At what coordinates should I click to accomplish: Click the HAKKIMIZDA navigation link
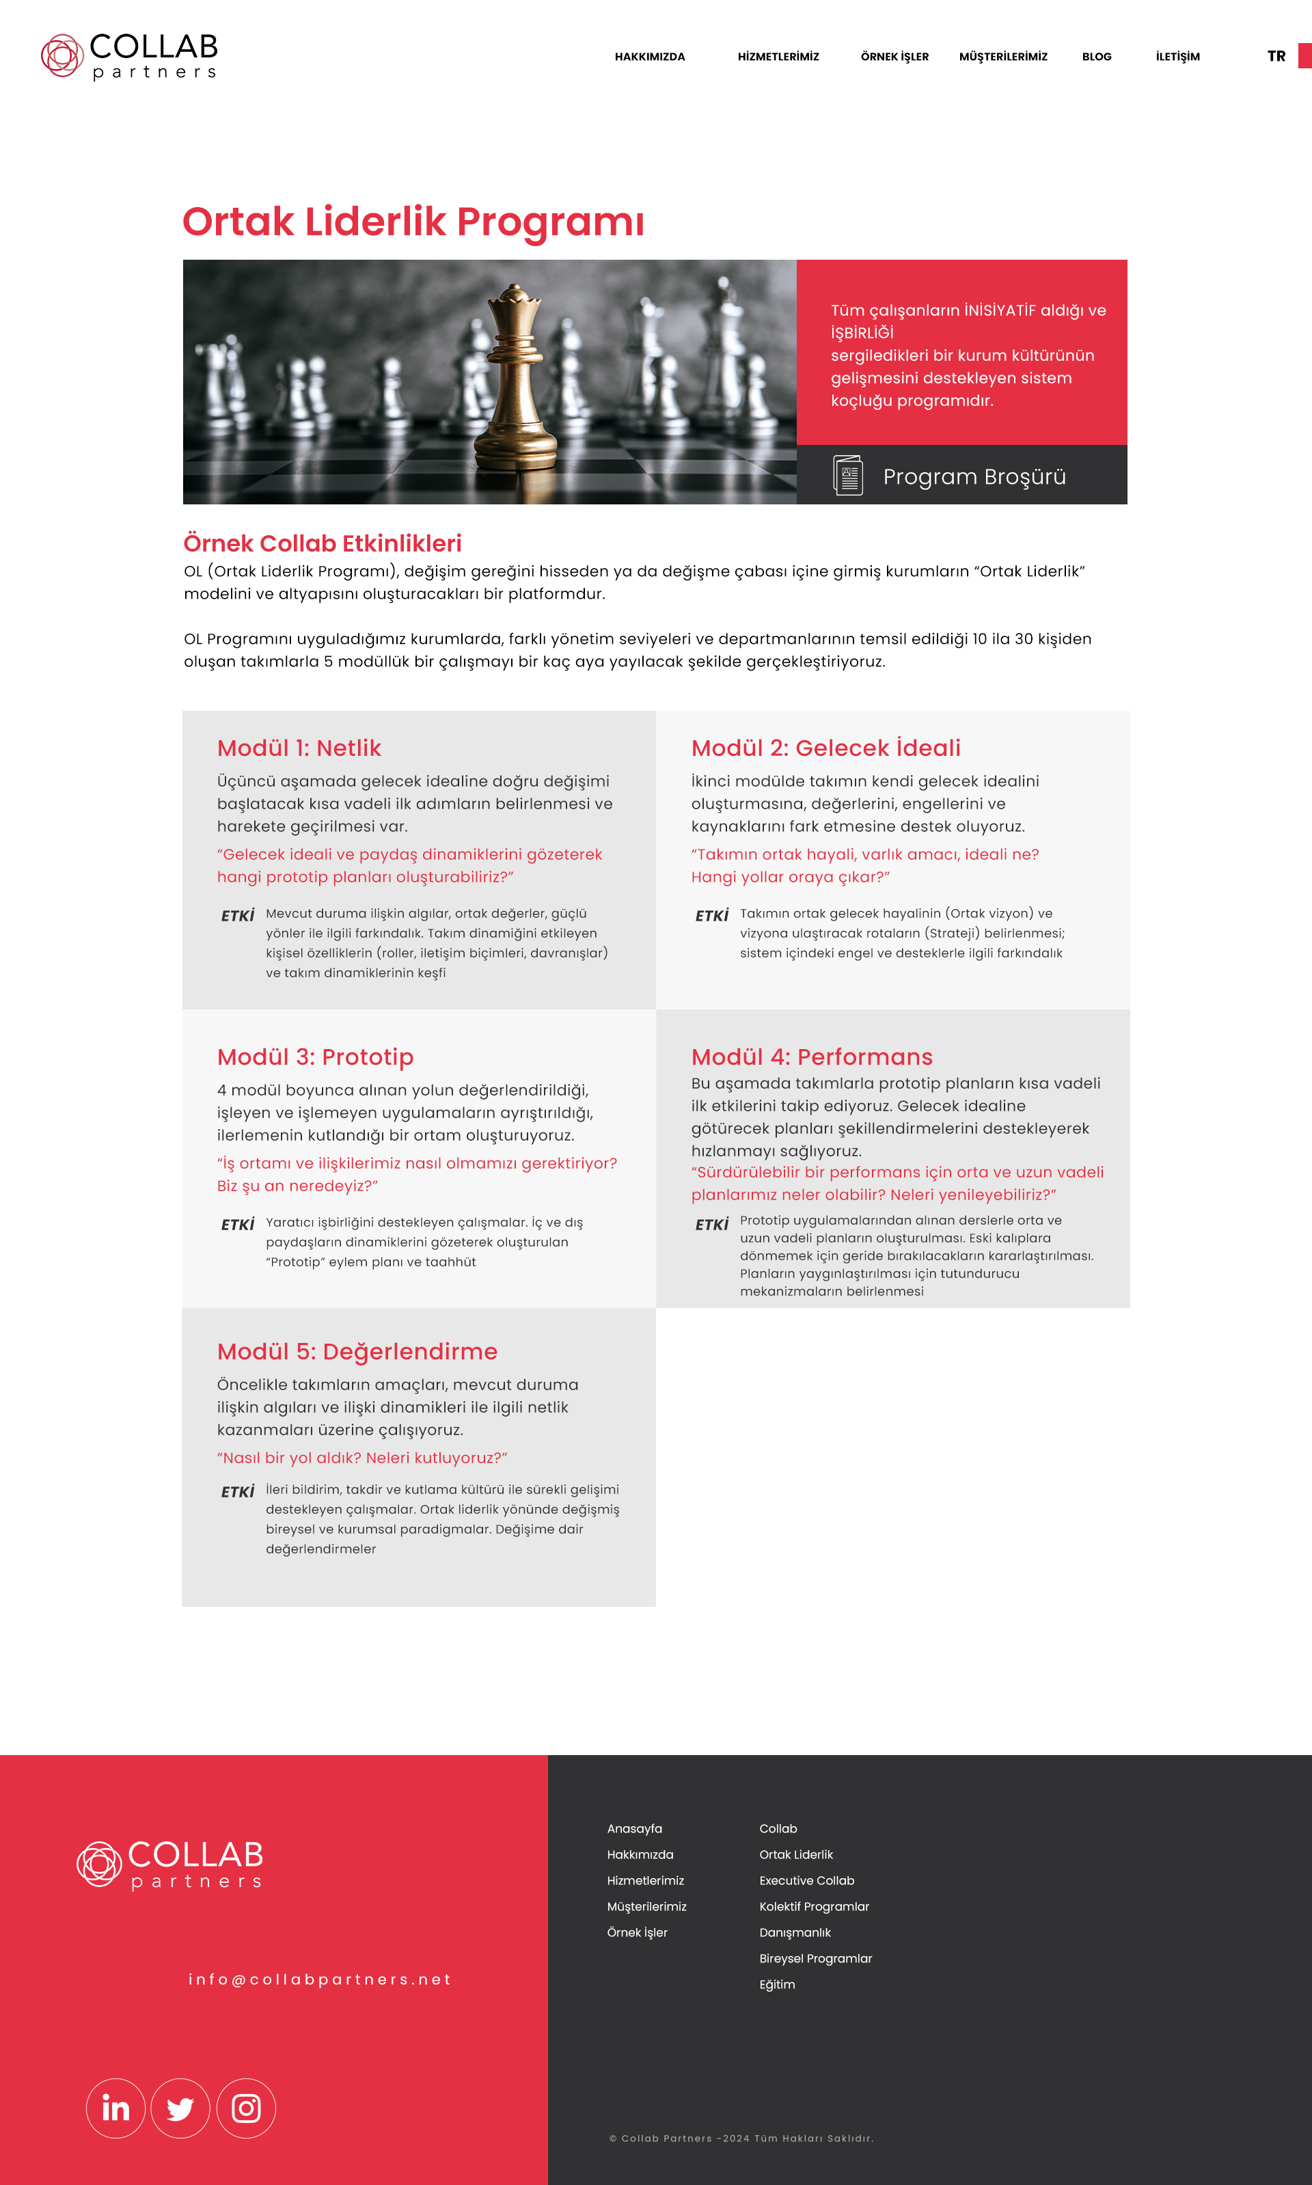[x=650, y=57]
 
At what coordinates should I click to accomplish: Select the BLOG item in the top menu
[x=1096, y=57]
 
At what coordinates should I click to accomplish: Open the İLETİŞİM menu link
[x=1177, y=57]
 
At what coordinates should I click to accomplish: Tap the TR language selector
[x=1276, y=57]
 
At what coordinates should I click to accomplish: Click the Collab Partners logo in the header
[x=130, y=57]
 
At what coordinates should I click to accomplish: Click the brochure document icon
[x=848, y=476]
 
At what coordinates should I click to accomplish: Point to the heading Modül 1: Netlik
[x=299, y=748]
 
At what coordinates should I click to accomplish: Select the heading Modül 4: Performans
[x=812, y=1057]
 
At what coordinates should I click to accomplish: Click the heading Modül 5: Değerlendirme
[x=357, y=1351]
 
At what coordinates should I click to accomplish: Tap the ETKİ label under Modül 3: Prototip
[x=238, y=1225]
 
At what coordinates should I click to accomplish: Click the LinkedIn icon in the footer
[x=115, y=2108]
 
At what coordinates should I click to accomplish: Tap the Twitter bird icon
[x=180, y=2108]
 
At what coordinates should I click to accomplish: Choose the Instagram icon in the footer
[x=246, y=2108]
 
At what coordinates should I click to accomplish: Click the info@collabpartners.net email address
[x=320, y=1979]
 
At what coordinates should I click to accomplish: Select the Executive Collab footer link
[x=806, y=1880]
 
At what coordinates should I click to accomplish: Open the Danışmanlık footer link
[x=795, y=1932]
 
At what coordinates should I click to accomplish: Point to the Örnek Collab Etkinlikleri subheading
[x=322, y=543]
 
